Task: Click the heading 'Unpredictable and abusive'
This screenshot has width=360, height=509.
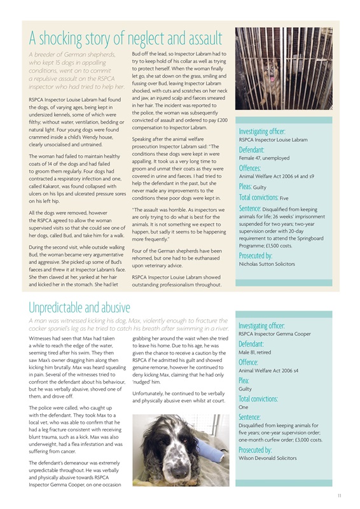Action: (80, 309)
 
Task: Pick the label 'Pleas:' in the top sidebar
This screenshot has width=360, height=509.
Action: (246, 187)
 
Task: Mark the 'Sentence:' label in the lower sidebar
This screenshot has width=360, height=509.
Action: (253, 417)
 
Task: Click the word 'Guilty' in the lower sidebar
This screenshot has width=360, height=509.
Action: (246, 389)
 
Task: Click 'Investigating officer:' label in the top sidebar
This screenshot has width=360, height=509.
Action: (266, 131)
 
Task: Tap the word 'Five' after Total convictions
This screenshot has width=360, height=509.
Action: (284, 199)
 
